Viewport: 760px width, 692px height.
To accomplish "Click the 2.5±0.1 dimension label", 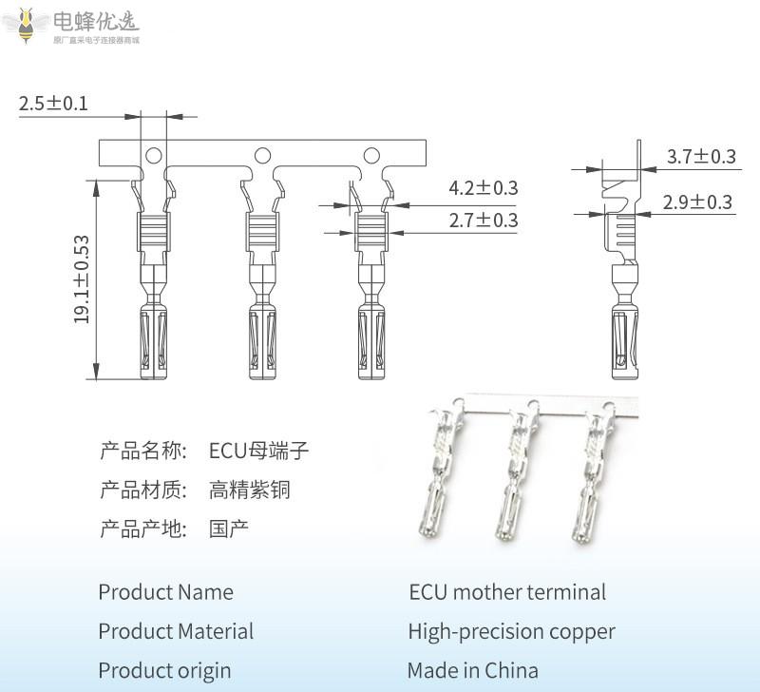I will (53, 104).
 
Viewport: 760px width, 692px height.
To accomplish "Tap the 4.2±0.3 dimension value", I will (483, 188).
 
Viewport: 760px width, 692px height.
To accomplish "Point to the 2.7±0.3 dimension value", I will (483, 221).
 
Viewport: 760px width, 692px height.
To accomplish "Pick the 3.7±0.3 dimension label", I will (701, 157).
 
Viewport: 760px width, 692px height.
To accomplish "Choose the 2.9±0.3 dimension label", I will (697, 202).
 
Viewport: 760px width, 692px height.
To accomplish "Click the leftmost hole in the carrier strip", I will (152, 155).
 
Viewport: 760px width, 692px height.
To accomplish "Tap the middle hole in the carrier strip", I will (261, 155).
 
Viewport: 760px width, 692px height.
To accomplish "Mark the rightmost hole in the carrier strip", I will (371, 155).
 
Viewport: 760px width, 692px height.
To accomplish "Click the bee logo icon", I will (27, 23).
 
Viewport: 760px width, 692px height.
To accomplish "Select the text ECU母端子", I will (259, 451).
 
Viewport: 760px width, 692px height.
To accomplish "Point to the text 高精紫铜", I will (249, 490).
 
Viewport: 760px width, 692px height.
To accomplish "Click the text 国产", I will (229, 529).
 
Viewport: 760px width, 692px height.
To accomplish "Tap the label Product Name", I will (165, 592).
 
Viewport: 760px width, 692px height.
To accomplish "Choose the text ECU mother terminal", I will (507, 592).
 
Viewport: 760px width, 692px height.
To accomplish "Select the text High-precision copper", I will (511, 631).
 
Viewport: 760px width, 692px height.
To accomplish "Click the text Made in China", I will (472, 670).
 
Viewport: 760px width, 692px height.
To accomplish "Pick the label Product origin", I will (164, 670).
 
